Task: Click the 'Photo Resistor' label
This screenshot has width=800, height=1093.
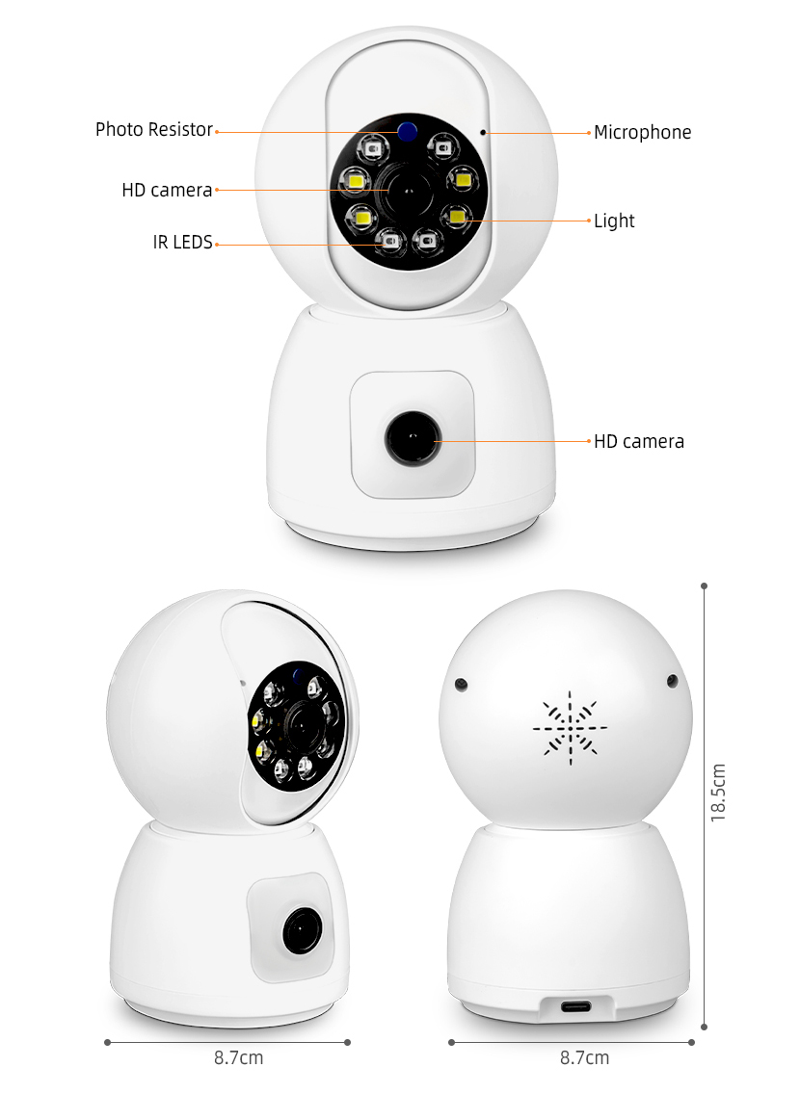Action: (x=154, y=130)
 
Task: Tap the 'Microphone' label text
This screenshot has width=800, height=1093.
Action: (x=642, y=133)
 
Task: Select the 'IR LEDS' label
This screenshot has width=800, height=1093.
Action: (x=183, y=243)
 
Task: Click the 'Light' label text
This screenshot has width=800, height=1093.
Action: (x=614, y=221)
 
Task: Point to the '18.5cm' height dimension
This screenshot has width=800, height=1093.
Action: (x=718, y=793)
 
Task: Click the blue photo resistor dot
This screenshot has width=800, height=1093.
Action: (x=408, y=130)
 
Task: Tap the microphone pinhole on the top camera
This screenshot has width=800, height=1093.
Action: (x=483, y=132)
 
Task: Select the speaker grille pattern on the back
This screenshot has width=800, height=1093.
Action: (x=570, y=728)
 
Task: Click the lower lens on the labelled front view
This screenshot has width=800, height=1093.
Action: (x=413, y=438)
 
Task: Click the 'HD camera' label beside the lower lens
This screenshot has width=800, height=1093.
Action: (x=639, y=442)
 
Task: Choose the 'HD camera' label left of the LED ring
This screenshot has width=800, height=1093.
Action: (x=167, y=191)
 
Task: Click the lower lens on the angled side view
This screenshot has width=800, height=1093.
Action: (x=302, y=930)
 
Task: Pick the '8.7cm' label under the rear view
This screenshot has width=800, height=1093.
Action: (x=584, y=1058)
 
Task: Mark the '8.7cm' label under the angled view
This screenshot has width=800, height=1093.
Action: (x=238, y=1058)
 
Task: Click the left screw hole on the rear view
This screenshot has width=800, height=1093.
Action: (x=461, y=686)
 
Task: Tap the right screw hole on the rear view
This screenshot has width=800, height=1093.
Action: (x=672, y=680)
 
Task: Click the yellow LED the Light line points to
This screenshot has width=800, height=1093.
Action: (x=457, y=216)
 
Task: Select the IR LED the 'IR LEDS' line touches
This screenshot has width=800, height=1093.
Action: (x=389, y=242)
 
